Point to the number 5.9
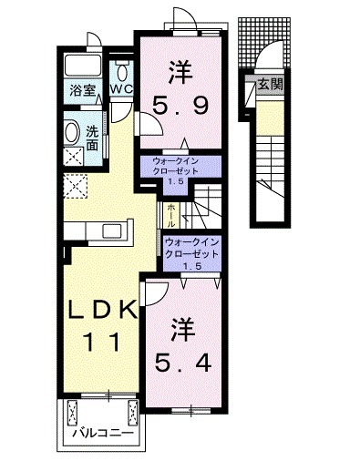(180, 107)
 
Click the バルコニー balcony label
(106, 434)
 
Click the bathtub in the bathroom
(84, 65)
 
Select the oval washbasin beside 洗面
(72, 132)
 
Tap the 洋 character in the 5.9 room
(180, 70)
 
